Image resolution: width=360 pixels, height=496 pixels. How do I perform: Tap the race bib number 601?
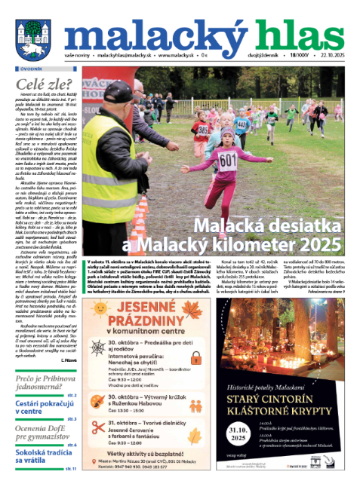(228, 160)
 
